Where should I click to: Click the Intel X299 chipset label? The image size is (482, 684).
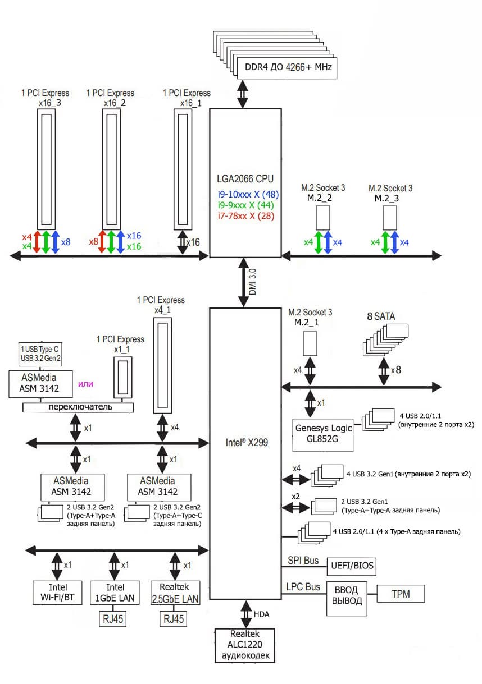pos(245,442)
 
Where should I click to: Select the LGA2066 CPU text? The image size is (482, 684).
pos(245,180)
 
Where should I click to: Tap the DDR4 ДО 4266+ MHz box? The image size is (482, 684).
pos(286,68)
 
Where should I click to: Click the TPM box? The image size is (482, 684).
pos(401,593)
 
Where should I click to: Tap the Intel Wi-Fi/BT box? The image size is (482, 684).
pos(57,593)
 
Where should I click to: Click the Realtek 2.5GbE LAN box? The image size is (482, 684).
pos(176,593)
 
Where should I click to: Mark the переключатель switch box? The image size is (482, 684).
pos(78,407)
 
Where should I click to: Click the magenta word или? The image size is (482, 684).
pos(85,384)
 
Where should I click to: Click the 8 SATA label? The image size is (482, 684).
pos(381,316)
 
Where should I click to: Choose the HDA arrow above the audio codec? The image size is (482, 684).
pos(246,614)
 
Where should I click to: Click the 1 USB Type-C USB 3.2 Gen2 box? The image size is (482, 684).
pos(40,354)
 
